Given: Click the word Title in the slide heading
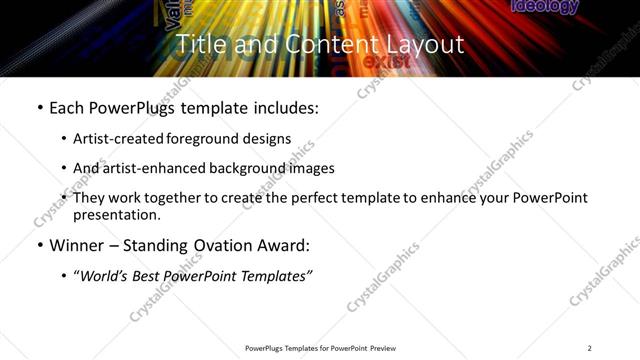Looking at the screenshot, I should [198, 45].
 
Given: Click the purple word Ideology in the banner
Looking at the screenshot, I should [545, 7].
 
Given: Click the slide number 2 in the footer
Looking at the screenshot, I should [589, 348].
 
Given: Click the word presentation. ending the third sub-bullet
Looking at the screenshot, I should [116, 214].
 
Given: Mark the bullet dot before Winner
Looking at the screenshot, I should [39, 246].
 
